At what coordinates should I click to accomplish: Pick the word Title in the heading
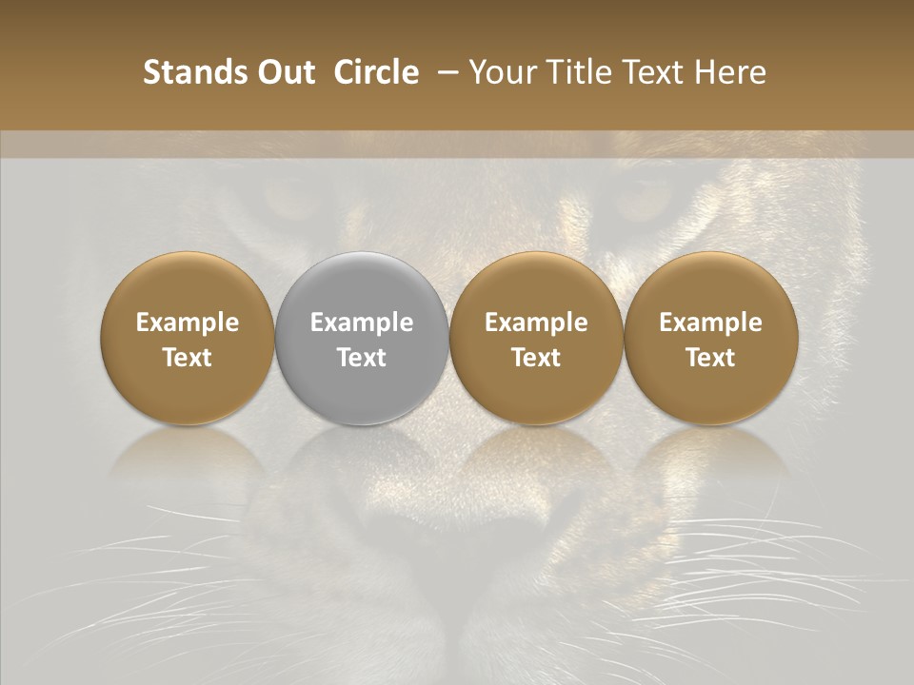pyautogui.click(x=570, y=72)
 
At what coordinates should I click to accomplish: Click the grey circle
pyautogui.click(x=362, y=338)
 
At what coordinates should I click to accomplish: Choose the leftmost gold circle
pyautogui.click(x=188, y=338)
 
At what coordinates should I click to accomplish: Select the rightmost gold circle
pyautogui.click(x=710, y=338)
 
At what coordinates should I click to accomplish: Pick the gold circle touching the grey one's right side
pyautogui.click(x=536, y=338)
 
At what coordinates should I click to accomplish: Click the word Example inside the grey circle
pyautogui.click(x=362, y=323)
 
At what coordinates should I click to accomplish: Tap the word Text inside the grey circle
pyautogui.click(x=362, y=358)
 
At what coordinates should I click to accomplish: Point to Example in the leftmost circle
pyautogui.click(x=188, y=323)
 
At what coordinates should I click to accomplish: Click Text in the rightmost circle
pyautogui.click(x=710, y=358)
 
